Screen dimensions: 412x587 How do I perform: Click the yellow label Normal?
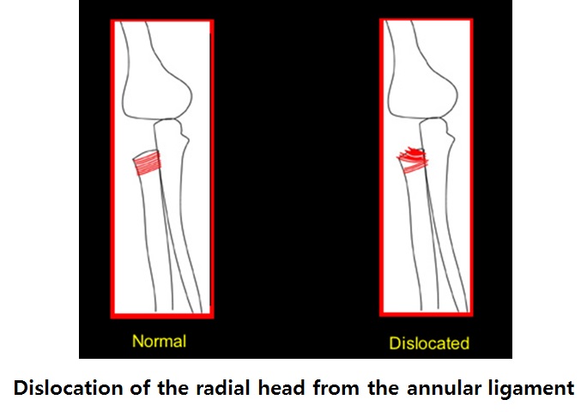159,342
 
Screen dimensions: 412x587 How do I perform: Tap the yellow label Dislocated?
429,343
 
